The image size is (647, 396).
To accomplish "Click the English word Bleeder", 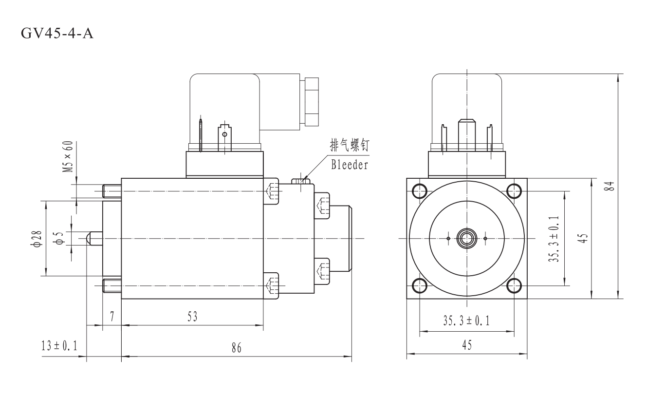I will click(x=350, y=165).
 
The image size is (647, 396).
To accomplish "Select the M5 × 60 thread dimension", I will click(x=69, y=157).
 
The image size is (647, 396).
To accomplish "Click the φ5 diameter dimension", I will click(x=59, y=238).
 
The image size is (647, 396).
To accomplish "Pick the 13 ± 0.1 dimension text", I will click(x=61, y=346).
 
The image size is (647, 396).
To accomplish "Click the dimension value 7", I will click(x=111, y=317).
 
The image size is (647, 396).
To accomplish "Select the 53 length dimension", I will click(x=192, y=317).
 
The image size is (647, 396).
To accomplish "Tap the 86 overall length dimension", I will click(x=236, y=348).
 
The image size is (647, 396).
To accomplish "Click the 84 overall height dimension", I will click(x=611, y=186).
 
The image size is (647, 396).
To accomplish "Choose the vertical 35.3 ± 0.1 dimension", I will click(x=555, y=238).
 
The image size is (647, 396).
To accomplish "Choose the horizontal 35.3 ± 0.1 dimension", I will click(x=466, y=321).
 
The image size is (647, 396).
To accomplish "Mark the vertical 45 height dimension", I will click(x=586, y=238).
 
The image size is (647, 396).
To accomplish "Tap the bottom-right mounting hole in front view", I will click(x=514, y=285).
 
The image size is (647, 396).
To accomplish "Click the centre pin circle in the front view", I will click(x=467, y=238).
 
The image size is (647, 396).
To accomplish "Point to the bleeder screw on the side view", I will click(x=301, y=181).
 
